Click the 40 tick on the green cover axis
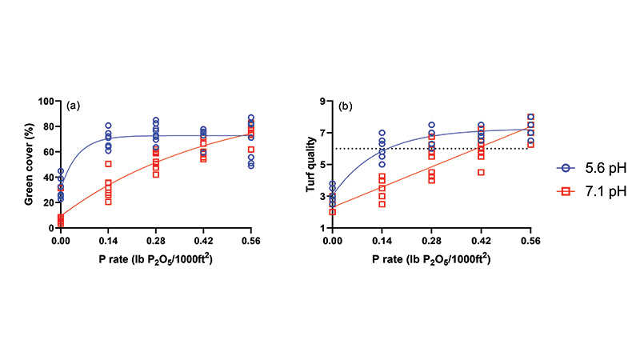(x=49, y=177)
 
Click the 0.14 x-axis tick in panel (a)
(x=108, y=239)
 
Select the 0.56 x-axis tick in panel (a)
(x=252, y=239)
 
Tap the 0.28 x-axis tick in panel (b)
(x=431, y=239)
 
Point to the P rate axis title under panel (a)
(x=156, y=257)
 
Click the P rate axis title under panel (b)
(x=431, y=257)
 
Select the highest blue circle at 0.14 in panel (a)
(x=108, y=126)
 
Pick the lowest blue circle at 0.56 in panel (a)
(x=252, y=166)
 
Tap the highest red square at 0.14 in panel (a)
(x=108, y=164)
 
